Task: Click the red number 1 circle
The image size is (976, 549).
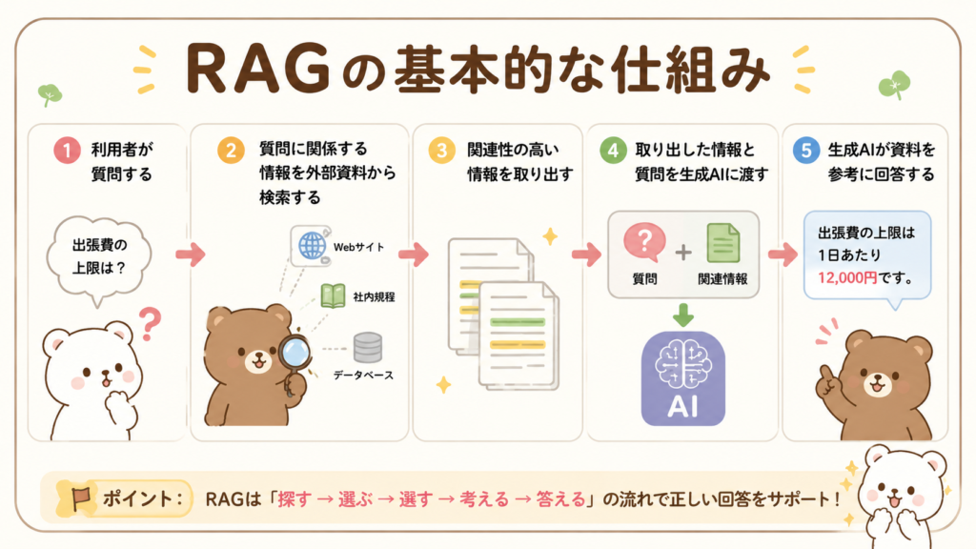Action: pyautogui.click(x=68, y=150)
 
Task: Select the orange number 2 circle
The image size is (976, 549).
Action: pyautogui.click(x=231, y=150)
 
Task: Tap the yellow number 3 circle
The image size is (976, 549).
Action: pyautogui.click(x=441, y=150)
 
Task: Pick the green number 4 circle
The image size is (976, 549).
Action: pyautogui.click(x=613, y=150)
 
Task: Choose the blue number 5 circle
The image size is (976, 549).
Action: pyautogui.click(x=806, y=150)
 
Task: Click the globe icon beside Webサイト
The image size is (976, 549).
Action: pyautogui.click(x=312, y=246)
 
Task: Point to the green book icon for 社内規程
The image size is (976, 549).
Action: pyautogui.click(x=333, y=296)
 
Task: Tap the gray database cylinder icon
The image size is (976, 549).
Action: pyautogui.click(x=368, y=347)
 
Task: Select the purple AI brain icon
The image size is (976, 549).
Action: pyautogui.click(x=683, y=379)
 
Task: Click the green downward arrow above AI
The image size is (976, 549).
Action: pyautogui.click(x=683, y=315)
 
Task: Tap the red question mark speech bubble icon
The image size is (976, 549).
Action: pyautogui.click(x=645, y=242)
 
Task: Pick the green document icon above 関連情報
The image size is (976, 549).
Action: pyautogui.click(x=723, y=243)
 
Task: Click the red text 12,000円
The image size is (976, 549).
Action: pyautogui.click(x=847, y=277)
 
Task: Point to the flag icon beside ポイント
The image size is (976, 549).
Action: pyautogui.click(x=80, y=498)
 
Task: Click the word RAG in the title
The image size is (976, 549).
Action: pyautogui.click(x=257, y=69)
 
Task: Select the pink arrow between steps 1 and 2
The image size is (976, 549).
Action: pyautogui.click(x=191, y=254)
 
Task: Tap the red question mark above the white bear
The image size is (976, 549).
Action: pyautogui.click(x=150, y=324)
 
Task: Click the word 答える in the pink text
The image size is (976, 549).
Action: pyautogui.click(x=560, y=499)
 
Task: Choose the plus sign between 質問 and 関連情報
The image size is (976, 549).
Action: pyautogui.click(x=683, y=252)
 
